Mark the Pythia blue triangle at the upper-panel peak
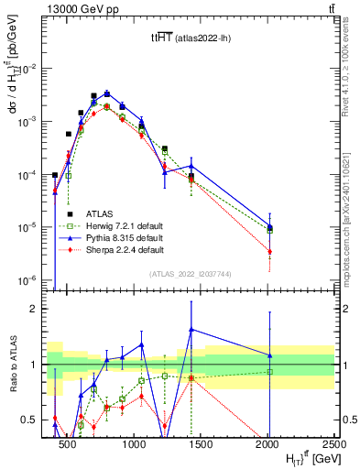coord(107,93)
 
